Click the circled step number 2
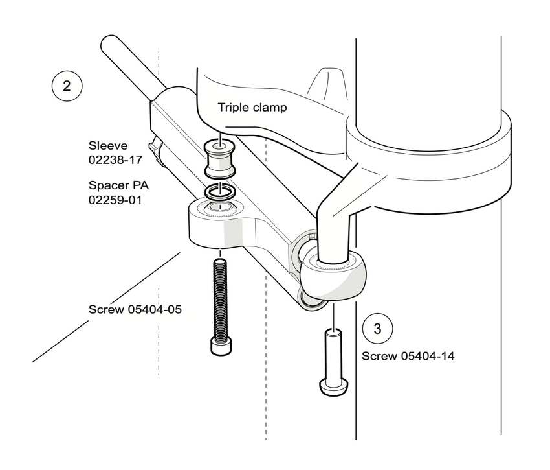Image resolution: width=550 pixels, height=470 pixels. pyautogui.click(x=67, y=86)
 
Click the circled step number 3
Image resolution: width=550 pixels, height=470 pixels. pyautogui.click(x=377, y=329)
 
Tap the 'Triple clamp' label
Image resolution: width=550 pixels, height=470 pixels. pyautogui.click(x=252, y=107)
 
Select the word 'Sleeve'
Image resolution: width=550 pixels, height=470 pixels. pyautogui.click(x=108, y=145)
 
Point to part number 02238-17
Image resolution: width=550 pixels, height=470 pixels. pyautogui.click(x=115, y=160)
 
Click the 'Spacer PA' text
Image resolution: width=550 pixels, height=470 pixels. pyautogui.click(x=118, y=185)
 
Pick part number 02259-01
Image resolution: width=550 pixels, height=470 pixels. pyautogui.click(x=115, y=200)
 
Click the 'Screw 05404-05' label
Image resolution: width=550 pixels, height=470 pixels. pyautogui.click(x=135, y=309)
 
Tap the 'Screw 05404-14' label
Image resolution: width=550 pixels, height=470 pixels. pyautogui.click(x=408, y=356)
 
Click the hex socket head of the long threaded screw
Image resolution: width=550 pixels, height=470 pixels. pyautogui.click(x=221, y=346)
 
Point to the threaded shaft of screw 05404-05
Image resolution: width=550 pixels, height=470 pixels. pyautogui.click(x=220, y=299)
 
